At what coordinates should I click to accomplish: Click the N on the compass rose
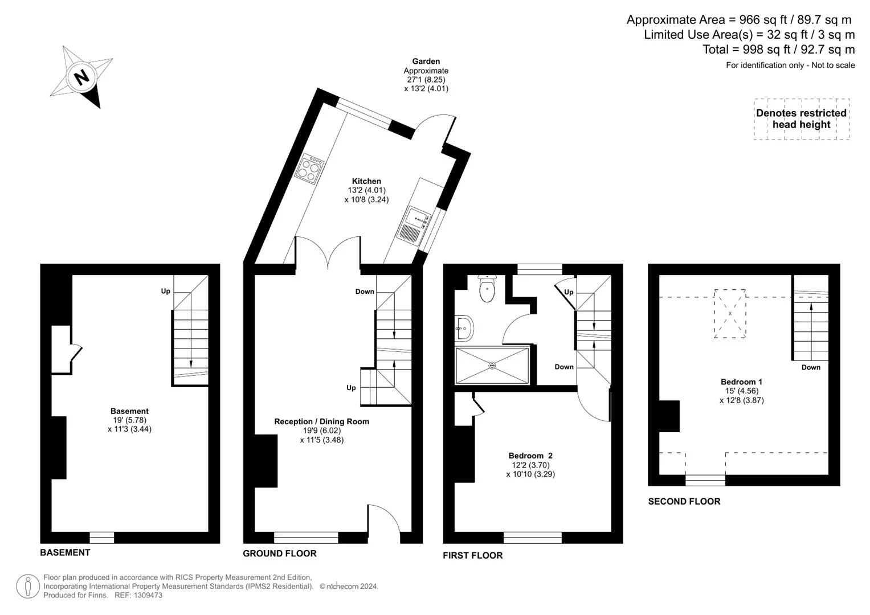click(x=82, y=77)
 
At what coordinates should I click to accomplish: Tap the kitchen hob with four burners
click(x=309, y=170)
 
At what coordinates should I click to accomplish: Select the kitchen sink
click(x=414, y=227)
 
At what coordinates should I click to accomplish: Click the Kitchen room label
click(x=366, y=181)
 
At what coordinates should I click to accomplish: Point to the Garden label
click(x=426, y=61)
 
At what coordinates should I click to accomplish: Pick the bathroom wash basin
click(x=464, y=329)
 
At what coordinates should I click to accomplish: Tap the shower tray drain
click(x=492, y=366)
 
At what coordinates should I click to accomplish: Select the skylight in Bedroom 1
click(x=730, y=313)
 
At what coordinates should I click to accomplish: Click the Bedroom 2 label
click(x=530, y=456)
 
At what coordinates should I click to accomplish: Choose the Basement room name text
click(x=129, y=411)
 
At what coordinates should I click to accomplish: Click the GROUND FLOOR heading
click(x=280, y=553)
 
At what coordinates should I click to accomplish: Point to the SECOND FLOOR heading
click(x=684, y=501)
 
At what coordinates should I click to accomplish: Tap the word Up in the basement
click(x=165, y=291)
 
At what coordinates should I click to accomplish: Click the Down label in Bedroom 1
click(x=811, y=367)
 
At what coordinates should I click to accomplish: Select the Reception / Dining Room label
click(x=321, y=421)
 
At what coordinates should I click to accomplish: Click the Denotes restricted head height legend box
click(x=802, y=119)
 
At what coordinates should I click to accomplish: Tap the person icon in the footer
click(x=27, y=587)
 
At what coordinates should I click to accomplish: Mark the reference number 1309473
click(x=148, y=595)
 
